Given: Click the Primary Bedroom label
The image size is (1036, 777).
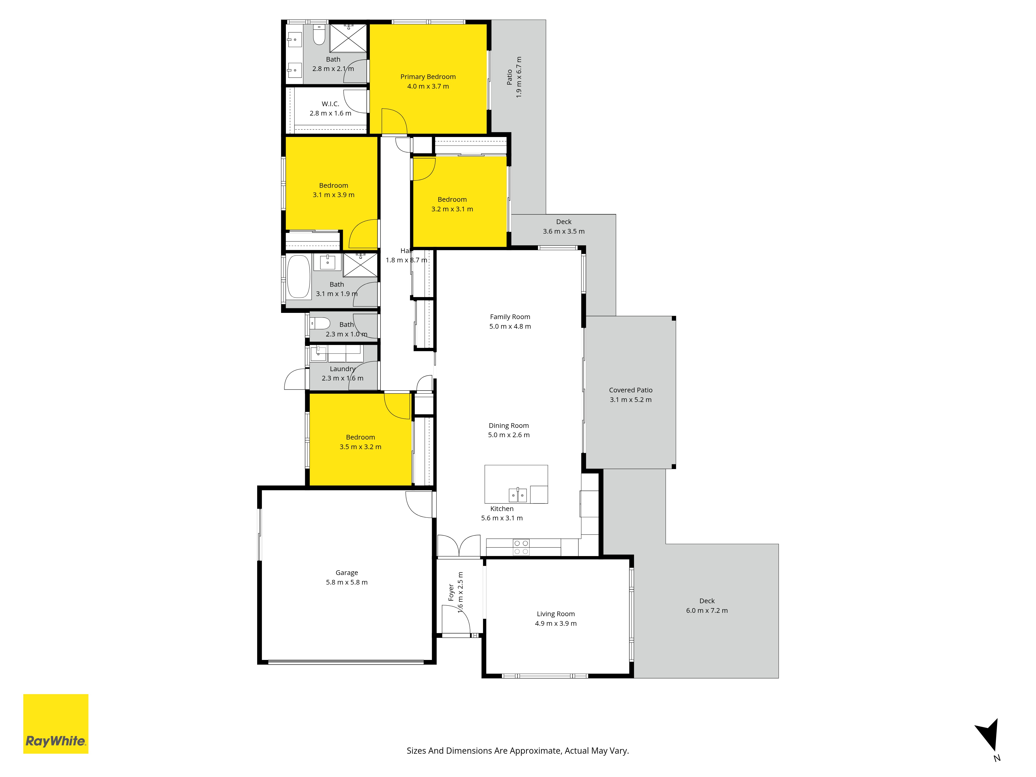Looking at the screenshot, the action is (x=428, y=77).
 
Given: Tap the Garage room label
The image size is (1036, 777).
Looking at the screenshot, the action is (x=347, y=573).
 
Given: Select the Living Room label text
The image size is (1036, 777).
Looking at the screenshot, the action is (x=556, y=614).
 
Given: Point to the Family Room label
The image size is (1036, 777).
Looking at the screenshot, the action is (x=510, y=317).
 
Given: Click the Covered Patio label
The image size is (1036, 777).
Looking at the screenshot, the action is (x=630, y=390).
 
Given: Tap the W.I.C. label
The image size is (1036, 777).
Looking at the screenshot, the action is (x=330, y=104).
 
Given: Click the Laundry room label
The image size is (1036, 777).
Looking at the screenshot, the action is (x=342, y=369).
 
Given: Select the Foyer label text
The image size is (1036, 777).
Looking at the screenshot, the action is (x=451, y=593).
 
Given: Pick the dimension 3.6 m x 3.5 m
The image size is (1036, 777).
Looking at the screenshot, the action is (x=563, y=231).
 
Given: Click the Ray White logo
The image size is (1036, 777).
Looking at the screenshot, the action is (x=56, y=724).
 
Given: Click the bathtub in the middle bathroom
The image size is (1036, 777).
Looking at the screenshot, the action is (x=298, y=276).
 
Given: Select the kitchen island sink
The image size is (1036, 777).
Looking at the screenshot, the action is (x=517, y=495).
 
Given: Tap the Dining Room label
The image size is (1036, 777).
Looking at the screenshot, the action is (x=509, y=426).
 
